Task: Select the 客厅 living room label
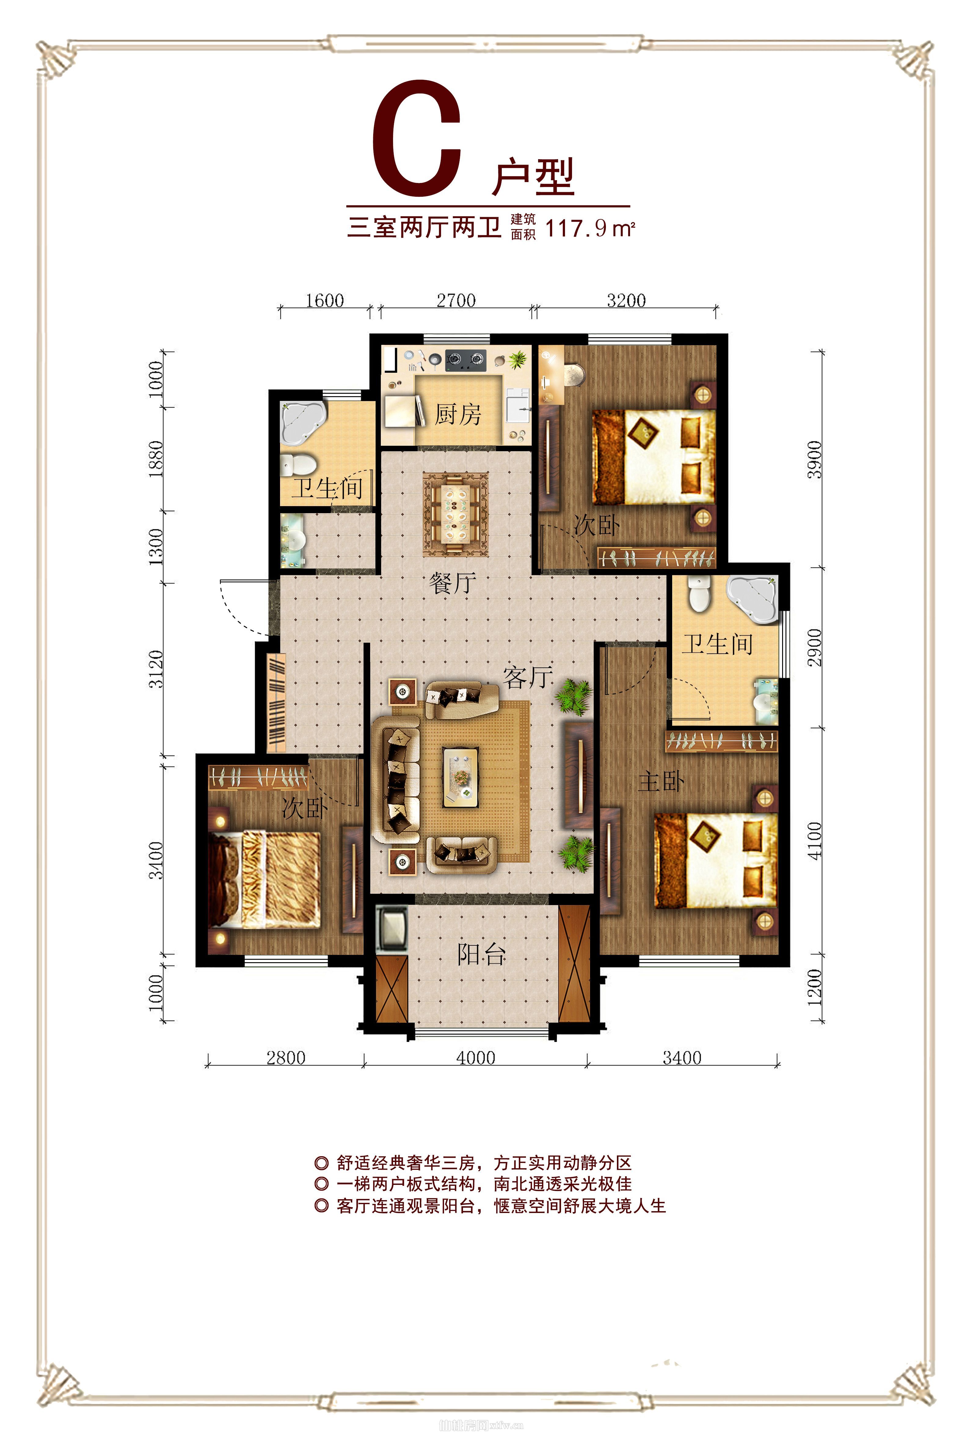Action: click(x=528, y=677)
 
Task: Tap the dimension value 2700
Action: click(x=456, y=301)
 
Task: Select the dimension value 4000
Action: click(x=476, y=1058)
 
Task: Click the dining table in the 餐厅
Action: click(x=455, y=514)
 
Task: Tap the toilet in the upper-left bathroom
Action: click(x=298, y=464)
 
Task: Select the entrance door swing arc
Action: click(x=242, y=607)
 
